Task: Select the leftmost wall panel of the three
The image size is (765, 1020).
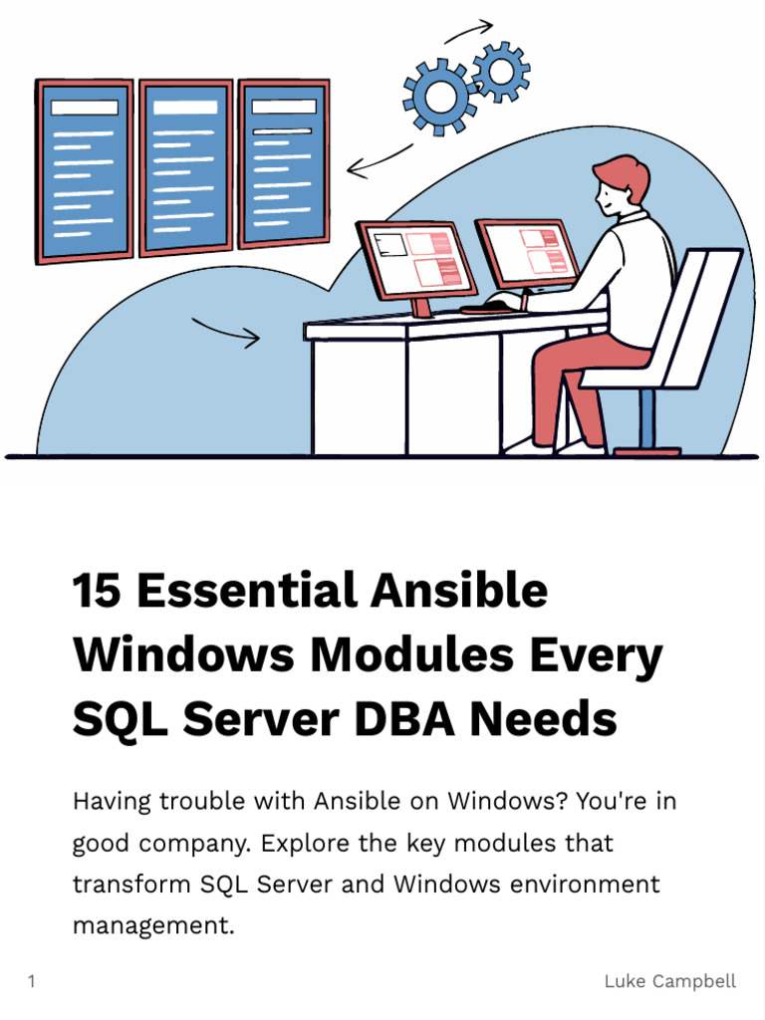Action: coord(85,170)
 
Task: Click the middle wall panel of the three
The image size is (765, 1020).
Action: coord(185,166)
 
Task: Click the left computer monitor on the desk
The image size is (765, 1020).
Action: coord(416,261)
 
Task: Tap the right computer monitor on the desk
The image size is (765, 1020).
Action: coord(527,254)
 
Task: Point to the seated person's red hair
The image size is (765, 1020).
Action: coord(624,174)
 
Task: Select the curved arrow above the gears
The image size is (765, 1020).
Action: coord(468,31)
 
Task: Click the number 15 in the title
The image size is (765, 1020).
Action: coord(97,591)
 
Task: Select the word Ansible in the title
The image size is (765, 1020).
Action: coord(459,591)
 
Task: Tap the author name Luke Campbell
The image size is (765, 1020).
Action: coord(669,981)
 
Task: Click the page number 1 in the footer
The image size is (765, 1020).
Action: coord(32,981)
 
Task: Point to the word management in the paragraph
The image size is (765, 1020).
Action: coord(152,925)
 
